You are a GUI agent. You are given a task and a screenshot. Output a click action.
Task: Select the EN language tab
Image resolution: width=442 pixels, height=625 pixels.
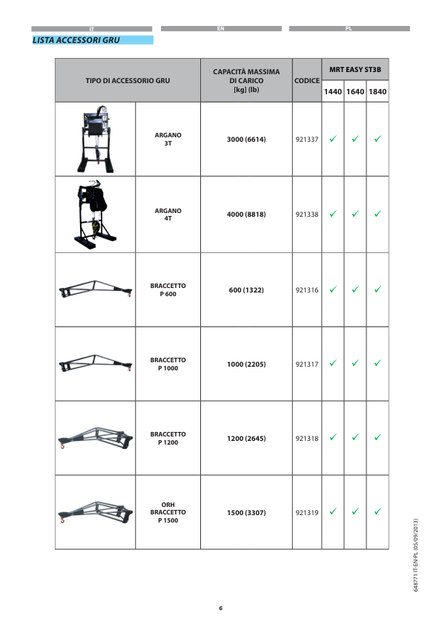(x=221, y=28)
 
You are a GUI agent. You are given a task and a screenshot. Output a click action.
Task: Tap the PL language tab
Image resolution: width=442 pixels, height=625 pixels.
(x=349, y=28)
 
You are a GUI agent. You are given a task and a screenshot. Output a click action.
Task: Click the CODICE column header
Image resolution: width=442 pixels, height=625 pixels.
(x=306, y=79)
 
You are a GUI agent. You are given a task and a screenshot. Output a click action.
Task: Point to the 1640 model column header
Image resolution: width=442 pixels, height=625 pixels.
(x=354, y=92)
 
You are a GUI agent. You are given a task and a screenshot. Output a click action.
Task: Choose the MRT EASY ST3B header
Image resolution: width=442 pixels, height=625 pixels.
(x=354, y=69)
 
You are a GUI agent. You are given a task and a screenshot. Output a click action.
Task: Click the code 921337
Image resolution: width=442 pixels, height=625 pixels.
(x=306, y=139)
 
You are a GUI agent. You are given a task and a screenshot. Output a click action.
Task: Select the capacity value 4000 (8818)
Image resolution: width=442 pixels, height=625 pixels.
(x=246, y=215)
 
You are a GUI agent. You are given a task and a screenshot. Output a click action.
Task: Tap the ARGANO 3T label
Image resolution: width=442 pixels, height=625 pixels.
(x=168, y=139)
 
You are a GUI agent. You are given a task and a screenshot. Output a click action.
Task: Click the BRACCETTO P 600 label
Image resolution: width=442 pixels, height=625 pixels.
(x=168, y=289)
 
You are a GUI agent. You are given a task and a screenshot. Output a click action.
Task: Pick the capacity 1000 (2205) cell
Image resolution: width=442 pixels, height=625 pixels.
(x=246, y=364)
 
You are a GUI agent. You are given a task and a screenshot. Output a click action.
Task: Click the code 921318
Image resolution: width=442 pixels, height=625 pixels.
(x=306, y=439)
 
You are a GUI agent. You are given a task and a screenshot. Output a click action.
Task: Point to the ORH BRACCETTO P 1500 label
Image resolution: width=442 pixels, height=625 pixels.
(x=168, y=513)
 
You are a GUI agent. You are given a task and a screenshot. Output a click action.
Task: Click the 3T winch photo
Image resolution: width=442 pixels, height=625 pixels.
(x=96, y=140)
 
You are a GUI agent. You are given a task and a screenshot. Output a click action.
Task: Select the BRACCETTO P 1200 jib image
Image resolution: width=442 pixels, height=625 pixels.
(x=95, y=438)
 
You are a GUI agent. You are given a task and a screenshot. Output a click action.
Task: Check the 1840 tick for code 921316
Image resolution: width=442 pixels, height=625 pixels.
(x=377, y=289)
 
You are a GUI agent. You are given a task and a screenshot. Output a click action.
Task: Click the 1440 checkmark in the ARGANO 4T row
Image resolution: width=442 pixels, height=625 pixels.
(x=333, y=215)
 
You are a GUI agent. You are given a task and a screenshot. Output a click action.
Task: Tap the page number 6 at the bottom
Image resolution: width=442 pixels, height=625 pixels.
(x=220, y=608)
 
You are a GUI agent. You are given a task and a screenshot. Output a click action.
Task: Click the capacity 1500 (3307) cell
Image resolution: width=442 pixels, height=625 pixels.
(x=246, y=513)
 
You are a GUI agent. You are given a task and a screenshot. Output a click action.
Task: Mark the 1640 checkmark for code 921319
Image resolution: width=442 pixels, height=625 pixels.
(x=354, y=511)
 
